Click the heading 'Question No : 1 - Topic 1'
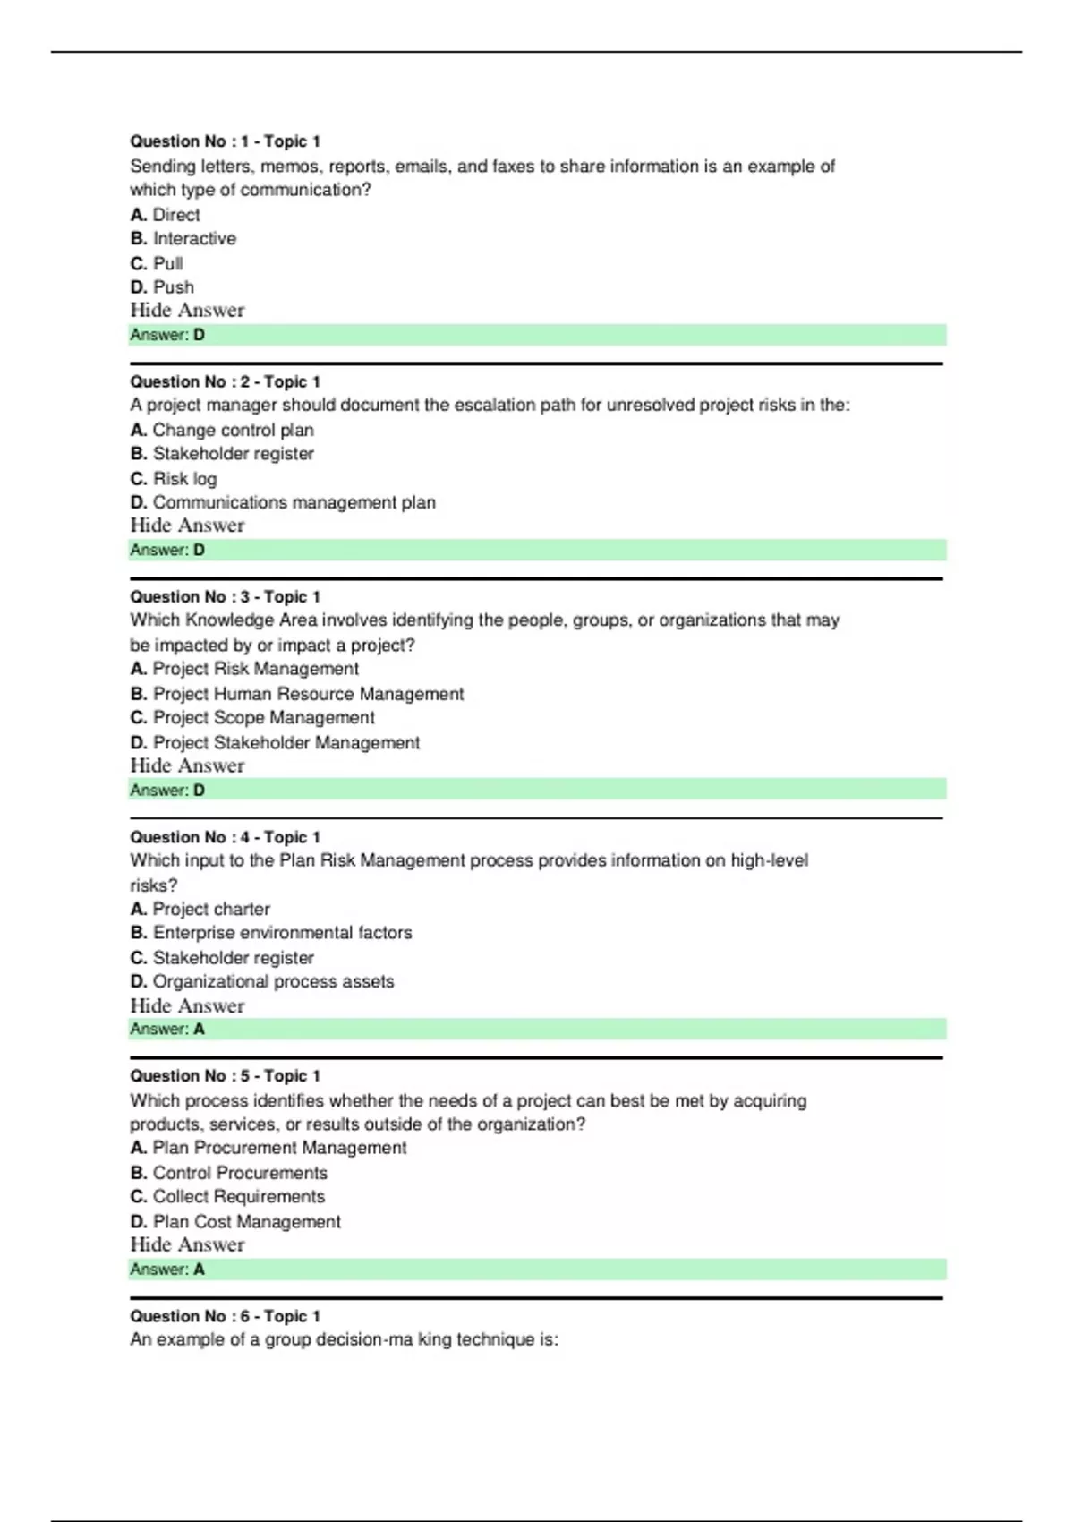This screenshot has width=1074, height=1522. [x=225, y=141]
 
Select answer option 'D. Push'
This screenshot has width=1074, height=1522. [x=162, y=287]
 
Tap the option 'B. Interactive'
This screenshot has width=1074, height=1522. [x=183, y=239]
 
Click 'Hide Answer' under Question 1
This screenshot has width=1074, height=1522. [x=187, y=311]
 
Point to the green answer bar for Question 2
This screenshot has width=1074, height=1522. [x=537, y=550]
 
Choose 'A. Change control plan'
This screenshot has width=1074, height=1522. [x=222, y=430]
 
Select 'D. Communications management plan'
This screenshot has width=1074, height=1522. [x=283, y=502]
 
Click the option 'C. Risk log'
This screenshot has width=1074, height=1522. [x=174, y=479]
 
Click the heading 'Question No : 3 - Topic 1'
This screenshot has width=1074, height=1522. [x=225, y=597]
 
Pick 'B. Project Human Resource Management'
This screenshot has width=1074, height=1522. [x=297, y=694]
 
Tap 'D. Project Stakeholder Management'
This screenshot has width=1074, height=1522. [x=275, y=743]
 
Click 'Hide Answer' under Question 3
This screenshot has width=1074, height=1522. [x=187, y=766]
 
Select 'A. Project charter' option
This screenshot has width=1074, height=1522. [x=200, y=909]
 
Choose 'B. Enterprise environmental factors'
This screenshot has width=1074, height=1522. [x=271, y=933]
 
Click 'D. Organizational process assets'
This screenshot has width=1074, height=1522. [x=262, y=981]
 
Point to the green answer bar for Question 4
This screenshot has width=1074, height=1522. [x=537, y=1029]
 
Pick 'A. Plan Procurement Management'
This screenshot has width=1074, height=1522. [x=268, y=1148]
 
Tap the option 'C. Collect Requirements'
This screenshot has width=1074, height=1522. [x=227, y=1197]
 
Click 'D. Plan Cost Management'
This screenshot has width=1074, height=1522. [x=235, y=1222]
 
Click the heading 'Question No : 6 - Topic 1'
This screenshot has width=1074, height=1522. [x=225, y=1316]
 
